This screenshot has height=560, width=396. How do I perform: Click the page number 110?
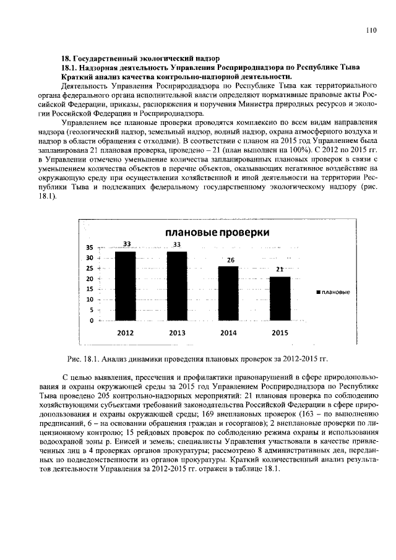pos(371,29)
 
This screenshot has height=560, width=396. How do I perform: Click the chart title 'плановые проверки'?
pos(217,233)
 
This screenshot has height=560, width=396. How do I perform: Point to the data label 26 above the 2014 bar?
pos(230,261)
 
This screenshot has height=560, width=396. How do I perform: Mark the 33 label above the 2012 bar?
pos(126,245)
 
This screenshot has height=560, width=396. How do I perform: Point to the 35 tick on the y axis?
pos(89,248)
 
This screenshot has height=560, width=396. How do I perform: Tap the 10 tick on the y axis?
pos(89,299)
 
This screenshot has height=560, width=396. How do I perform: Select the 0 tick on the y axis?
pos(91,321)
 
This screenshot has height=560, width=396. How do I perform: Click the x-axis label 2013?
pos(177,332)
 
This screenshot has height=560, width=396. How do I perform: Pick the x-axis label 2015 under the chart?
pos(280,332)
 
